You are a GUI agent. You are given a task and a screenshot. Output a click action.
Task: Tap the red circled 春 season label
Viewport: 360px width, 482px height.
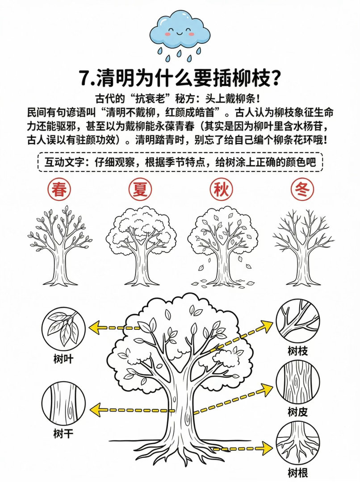59,190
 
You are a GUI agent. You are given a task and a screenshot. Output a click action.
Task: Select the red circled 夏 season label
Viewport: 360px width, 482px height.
140,190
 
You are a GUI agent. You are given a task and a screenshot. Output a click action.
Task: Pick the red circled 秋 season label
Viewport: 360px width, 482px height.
222,190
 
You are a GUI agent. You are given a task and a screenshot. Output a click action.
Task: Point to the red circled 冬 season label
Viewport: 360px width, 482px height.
302,190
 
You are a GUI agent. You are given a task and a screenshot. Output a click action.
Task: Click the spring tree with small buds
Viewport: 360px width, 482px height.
60,245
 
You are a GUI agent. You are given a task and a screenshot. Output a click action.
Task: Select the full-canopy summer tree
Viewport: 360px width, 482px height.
141,246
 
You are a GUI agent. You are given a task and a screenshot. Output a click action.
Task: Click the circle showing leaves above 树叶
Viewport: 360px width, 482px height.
63,328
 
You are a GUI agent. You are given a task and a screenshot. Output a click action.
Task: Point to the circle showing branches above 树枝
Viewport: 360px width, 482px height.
297,320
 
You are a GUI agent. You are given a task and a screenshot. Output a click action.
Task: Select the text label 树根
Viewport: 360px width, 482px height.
297,473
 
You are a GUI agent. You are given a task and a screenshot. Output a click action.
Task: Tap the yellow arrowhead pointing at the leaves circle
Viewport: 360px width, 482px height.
96,328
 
